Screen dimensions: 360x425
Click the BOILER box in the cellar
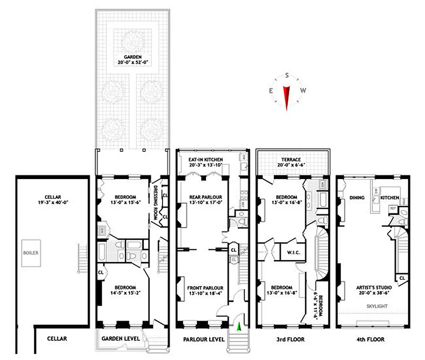(32, 253)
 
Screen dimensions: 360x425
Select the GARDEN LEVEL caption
(121, 338)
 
